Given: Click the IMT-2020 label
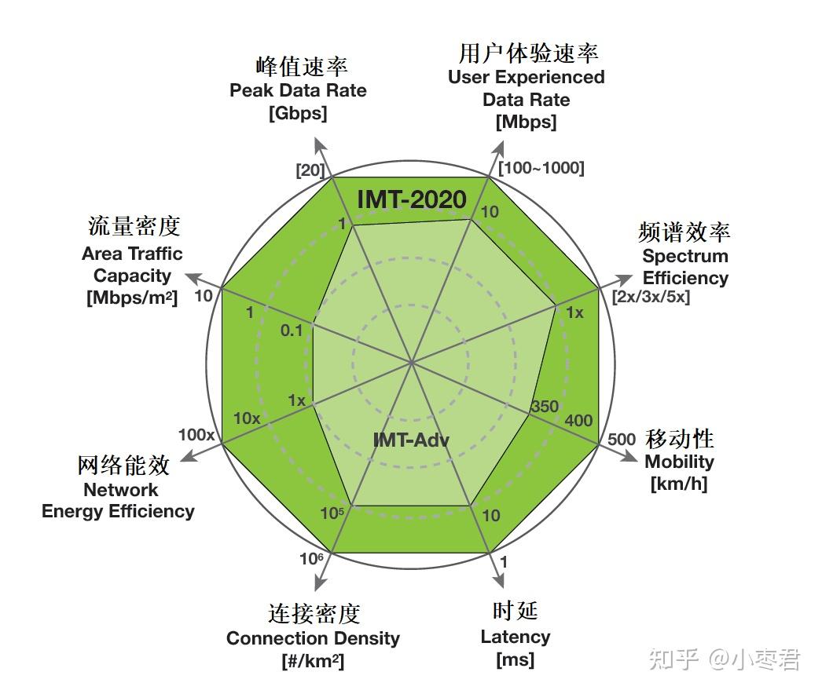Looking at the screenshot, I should (x=412, y=199).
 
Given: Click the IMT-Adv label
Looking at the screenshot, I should (x=411, y=440).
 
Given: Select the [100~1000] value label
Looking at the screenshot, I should (x=541, y=167).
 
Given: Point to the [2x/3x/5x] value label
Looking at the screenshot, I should (x=651, y=297).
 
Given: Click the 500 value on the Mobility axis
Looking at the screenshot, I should (x=621, y=439).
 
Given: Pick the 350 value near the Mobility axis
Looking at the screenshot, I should (x=545, y=407).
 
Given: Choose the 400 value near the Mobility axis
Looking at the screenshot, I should (x=578, y=421).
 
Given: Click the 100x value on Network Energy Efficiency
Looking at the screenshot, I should (x=196, y=435).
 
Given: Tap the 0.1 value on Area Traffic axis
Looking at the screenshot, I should (x=292, y=331).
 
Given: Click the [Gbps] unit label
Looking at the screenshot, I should (x=298, y=112).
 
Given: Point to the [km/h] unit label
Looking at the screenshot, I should (x=679, y=484).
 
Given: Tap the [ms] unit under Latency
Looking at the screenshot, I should (x=515, y=659).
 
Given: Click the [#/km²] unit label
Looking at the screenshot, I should (x=312, y=661).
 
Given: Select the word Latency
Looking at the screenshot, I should (x=516, y=637).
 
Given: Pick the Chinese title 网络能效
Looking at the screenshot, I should (x=123, y=465).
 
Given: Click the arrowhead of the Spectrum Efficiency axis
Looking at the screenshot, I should (x=626, y=279).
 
